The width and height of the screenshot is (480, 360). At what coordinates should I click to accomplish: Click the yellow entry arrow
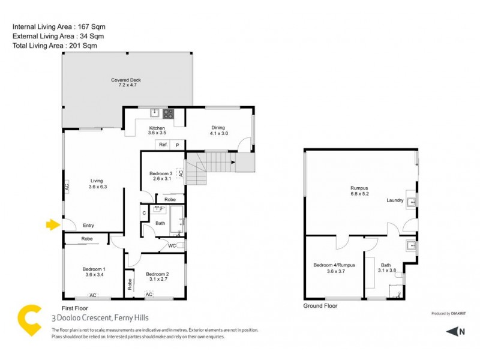(53, 225)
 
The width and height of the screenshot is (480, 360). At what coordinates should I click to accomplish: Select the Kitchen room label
(157, 129)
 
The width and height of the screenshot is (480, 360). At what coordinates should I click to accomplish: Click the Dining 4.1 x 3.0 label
(217, 130)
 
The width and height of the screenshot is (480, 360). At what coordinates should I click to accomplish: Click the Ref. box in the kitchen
(163, 145)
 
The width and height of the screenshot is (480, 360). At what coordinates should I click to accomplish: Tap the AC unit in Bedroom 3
(180, 174)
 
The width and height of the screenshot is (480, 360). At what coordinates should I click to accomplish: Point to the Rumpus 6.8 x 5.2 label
(359, 191)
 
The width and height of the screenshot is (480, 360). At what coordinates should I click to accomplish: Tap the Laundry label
(395, 200)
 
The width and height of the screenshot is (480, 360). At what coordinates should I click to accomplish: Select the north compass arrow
(454, 331)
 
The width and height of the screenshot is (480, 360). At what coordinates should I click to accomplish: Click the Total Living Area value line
(55, 46)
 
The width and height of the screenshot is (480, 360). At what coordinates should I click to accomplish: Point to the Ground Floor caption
(321, 305)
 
